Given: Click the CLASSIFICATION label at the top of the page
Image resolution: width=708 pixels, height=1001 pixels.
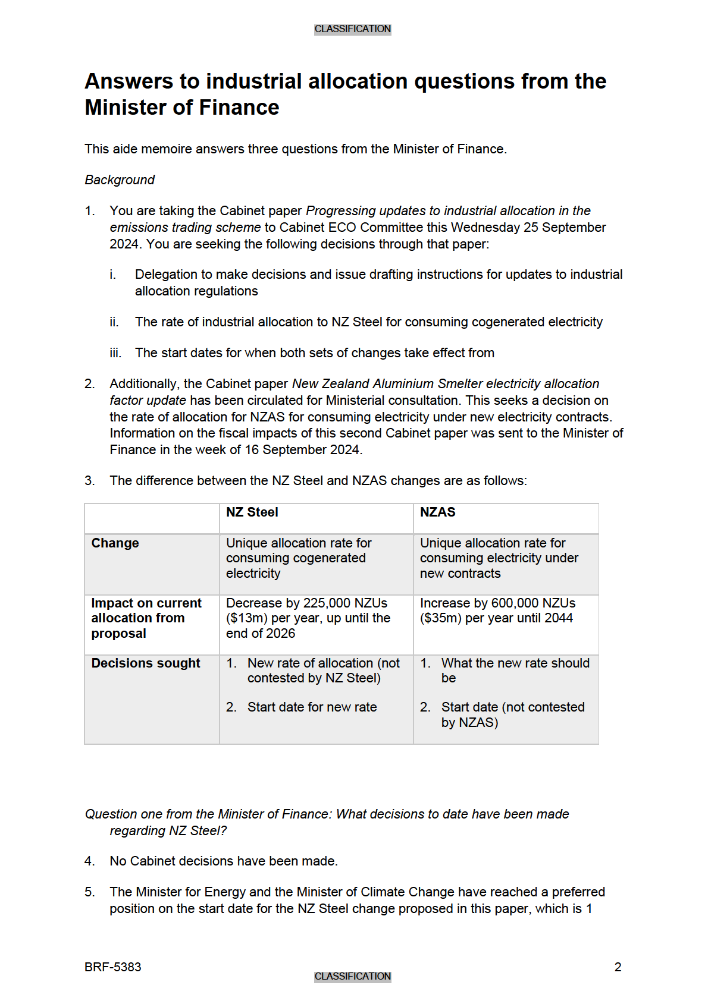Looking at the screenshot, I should pyautogui.click(x=352, y=29).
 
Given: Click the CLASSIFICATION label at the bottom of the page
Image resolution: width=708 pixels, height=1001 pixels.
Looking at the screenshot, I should pyautogui.click(x=352, y=976).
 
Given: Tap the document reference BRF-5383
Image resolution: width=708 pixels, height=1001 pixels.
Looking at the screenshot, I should pyautogui.click(x=113, y=967).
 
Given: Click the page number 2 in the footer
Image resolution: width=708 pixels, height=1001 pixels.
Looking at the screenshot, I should pyautogui.click(x=618, y=967).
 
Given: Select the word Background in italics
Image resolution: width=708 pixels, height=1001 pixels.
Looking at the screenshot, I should pyautogui.click(x=120, y=180).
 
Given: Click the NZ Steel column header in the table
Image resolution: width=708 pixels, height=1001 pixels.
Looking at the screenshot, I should pyautogui.click(x=252, y=512).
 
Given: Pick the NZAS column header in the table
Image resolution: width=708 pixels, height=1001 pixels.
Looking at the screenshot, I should pyautogui.click(x=438, y=512).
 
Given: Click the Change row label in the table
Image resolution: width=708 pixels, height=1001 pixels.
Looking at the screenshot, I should pyautogui.click(x=115, y=543).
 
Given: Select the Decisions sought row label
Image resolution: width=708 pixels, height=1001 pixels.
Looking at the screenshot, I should pyautogui.click(x=146, y=663).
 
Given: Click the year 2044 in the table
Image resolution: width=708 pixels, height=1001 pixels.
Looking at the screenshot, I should pyautogui.click(x=559, y=618).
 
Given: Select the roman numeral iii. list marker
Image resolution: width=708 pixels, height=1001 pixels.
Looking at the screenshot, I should pyautogui.click(x=115, y=353).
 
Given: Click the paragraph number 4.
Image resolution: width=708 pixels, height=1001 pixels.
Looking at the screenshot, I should pyautogui.click(x=89, y=861).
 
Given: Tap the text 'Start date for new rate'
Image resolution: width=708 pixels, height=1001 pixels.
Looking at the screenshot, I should pyautogui.click(x=312, y=707).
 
